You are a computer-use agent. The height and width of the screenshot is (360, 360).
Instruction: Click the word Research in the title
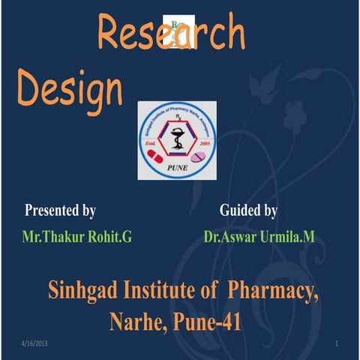pos(171,35)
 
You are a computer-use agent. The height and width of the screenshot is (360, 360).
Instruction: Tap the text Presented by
pos(60,211)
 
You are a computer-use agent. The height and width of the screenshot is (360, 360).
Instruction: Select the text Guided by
pos(249,211)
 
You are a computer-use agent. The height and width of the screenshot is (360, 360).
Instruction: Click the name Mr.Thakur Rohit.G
pos(77,238)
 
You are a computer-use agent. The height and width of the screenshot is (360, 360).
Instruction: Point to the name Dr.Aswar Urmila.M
pos(259,238)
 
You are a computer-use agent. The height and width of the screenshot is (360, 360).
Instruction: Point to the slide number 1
pos(337,343)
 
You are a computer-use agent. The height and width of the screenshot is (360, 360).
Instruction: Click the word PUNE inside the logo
pos(177,169)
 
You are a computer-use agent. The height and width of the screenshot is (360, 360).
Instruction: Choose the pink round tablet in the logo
pos(199,157)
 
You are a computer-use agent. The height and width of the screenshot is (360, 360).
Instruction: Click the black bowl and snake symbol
pos(177,141)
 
